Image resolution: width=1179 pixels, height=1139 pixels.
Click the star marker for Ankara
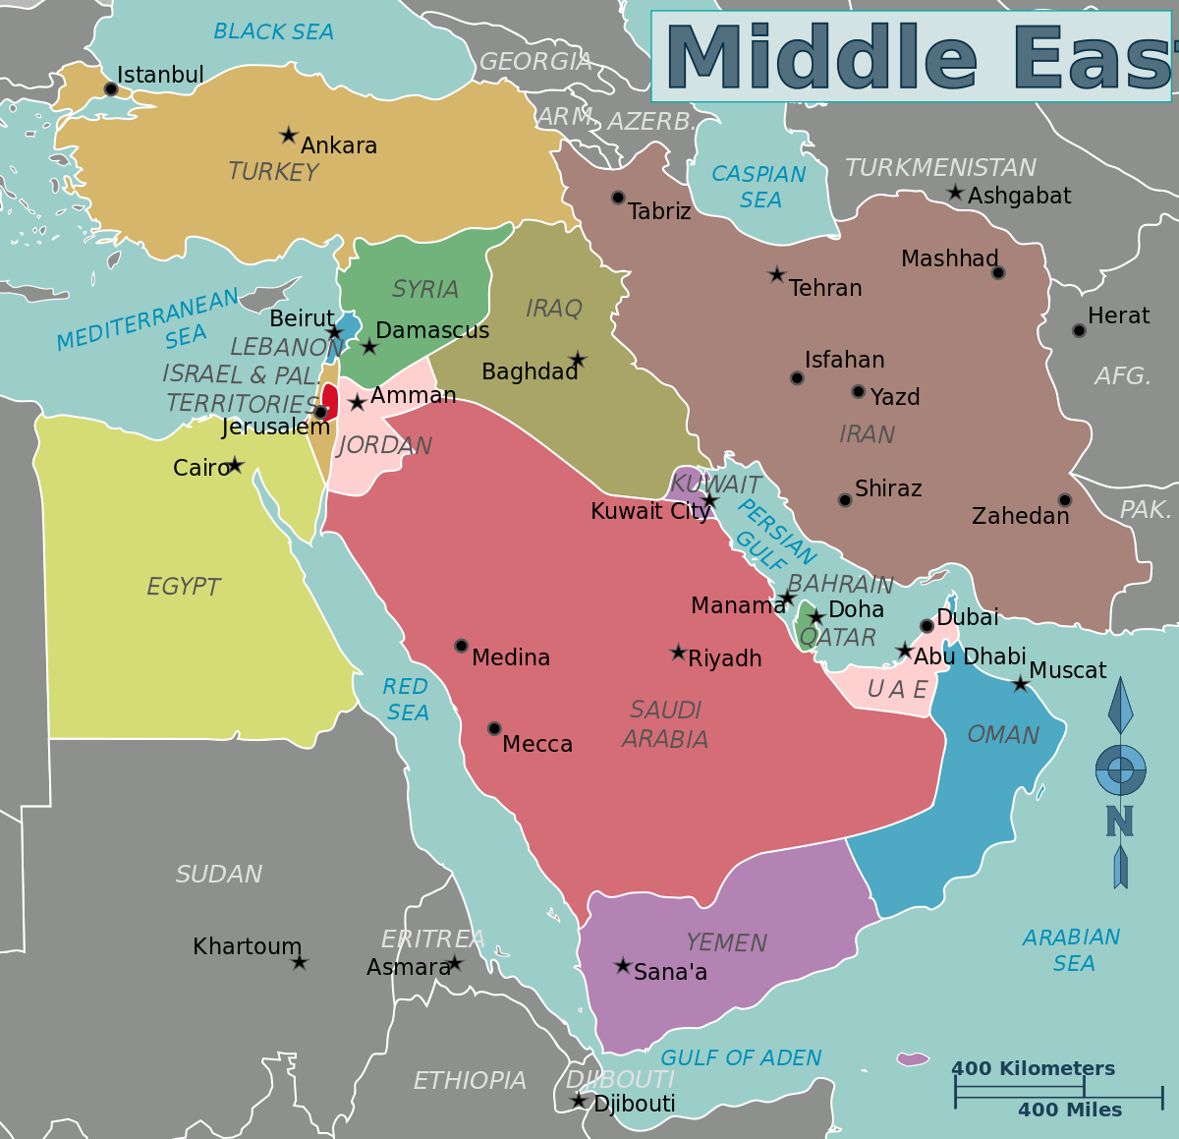(288, 135)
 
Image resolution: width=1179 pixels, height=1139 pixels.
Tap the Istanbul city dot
(111, 89)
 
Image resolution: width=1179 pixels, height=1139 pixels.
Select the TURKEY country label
(273, 172)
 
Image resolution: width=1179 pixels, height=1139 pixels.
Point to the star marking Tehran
(777, 275)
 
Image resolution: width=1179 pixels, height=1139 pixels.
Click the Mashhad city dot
(998, 272)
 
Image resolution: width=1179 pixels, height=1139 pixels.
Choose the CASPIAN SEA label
(758, 187)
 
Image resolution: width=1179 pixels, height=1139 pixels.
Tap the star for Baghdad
(578, 361)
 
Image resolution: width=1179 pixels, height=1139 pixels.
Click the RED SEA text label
(406, 699)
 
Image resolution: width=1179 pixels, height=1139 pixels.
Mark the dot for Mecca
(494, 728)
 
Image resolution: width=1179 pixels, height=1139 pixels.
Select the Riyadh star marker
(678, 653)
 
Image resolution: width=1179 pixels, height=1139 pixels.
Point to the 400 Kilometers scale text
(1033, 1068)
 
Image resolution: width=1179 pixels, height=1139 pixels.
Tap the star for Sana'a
(622, 966)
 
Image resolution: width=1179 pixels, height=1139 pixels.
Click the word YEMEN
(726, 942)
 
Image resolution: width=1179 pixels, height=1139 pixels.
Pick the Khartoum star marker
(300, 962)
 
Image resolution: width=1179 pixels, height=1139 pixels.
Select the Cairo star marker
(235, 465)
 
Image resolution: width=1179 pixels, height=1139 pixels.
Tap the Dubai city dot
(926, 626)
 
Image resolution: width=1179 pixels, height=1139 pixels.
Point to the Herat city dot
(1079, 330)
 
